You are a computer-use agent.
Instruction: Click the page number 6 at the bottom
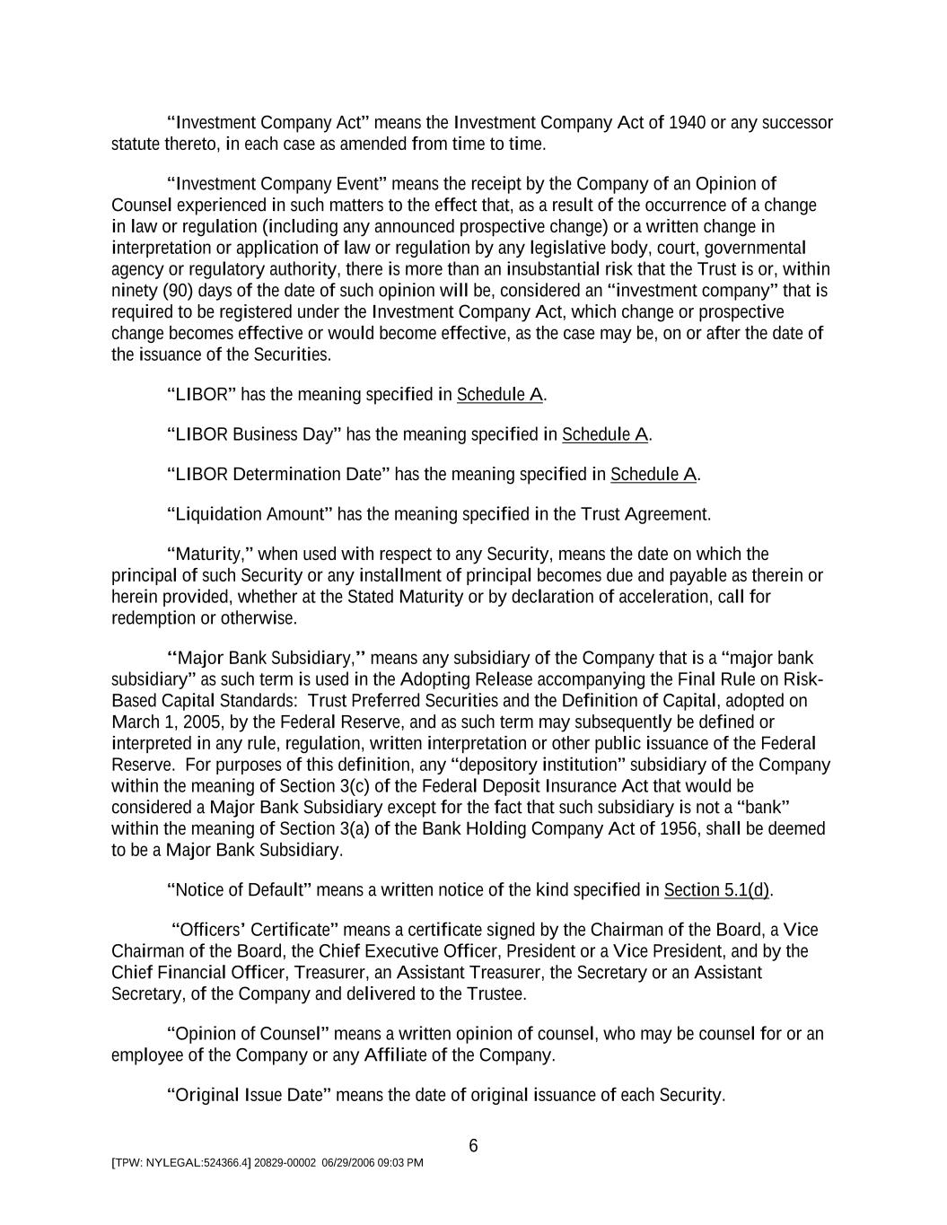point(473,1146)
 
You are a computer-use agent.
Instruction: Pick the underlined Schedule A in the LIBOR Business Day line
point(605,435)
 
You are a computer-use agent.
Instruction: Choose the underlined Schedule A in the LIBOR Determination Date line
point(653,475)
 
